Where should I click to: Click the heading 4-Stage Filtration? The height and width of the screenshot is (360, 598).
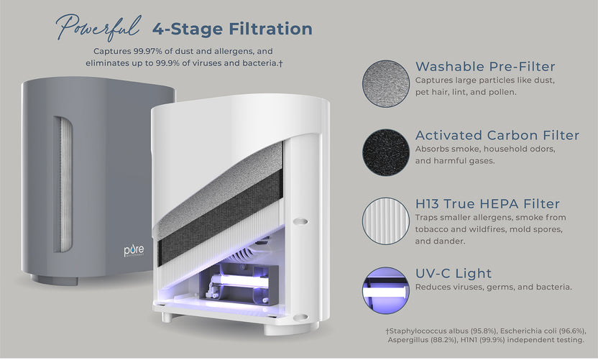[x=232, y=29]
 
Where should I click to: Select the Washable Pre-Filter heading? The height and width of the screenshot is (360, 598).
[x=485, y=67]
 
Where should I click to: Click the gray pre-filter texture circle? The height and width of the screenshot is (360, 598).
[x=386, y=83]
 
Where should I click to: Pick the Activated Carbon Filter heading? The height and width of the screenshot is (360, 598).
[x=497, y=135]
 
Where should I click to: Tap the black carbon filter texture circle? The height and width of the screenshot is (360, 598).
[x=386, y=152]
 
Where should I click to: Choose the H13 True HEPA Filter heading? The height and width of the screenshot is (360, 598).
[x=487, y=204]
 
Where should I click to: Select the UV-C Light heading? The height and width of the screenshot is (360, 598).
[x=454, y=273]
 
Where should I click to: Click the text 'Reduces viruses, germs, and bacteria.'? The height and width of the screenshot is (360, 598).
[x=493, y=287]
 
